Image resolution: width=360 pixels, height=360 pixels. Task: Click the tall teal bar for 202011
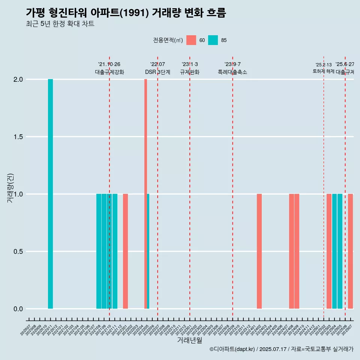coord(50,194)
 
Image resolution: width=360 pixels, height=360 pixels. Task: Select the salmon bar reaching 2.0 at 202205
coord(145,194)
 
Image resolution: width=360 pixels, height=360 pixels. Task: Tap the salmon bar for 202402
coord(259,251)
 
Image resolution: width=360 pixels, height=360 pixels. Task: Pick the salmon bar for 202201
coord(125,251)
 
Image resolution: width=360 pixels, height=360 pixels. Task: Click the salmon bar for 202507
coord(350,251)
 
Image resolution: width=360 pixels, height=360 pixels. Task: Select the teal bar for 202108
coord(99,251)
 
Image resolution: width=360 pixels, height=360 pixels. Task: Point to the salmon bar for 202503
coord(329,251)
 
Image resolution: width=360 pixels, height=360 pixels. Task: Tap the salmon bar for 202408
coord(291,251)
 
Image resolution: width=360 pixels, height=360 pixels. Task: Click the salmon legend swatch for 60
coord(191,40)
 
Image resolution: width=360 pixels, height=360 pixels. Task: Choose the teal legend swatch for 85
coord(213,40)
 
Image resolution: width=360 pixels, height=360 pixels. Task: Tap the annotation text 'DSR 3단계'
coord(157,72)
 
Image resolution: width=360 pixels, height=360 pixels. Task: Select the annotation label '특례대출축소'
coord(232,72)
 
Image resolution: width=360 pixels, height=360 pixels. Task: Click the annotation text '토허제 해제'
coord(323,71)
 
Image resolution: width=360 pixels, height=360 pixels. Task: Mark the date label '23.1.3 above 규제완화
coord(190,64)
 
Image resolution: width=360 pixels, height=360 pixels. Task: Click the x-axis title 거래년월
coord(189,340)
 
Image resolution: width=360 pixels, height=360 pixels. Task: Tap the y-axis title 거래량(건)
coord(10,187)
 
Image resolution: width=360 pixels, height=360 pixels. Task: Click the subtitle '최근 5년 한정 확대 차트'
coord(60,24)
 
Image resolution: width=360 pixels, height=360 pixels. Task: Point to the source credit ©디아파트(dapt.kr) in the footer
coord(232,349)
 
